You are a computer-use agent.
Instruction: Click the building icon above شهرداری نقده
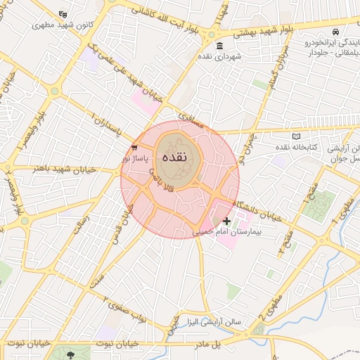220,46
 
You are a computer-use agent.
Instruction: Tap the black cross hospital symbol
226,221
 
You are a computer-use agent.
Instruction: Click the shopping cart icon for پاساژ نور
134,148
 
